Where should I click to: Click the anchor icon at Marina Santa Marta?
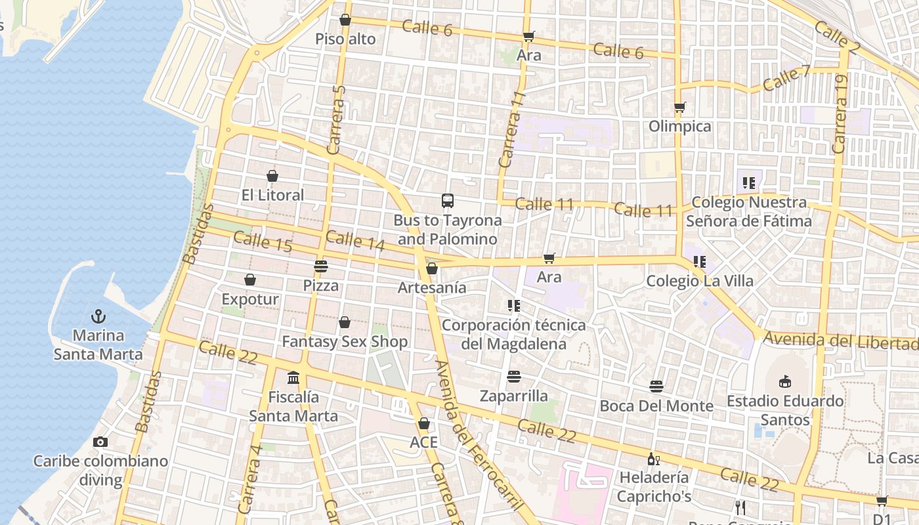(98, 316)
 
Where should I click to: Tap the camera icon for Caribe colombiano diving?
(100, 442)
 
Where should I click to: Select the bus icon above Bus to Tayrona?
(448, 201)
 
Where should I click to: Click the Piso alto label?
(345, 39)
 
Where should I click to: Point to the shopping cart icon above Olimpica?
(680, 107)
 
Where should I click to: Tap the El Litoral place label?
(272, 195)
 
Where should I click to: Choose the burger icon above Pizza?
(320, 266)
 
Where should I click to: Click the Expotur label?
(250, 299)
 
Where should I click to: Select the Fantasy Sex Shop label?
(345, 341)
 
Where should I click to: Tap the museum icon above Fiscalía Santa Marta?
(293, 378)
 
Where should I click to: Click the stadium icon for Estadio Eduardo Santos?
(785, 381)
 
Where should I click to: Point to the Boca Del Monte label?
(656, 406)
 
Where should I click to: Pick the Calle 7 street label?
(786, 78)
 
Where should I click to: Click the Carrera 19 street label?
(840, 114)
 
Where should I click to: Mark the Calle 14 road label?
(355, 241)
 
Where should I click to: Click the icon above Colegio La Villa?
(700, 262)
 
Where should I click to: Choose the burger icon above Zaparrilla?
(514, 377)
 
